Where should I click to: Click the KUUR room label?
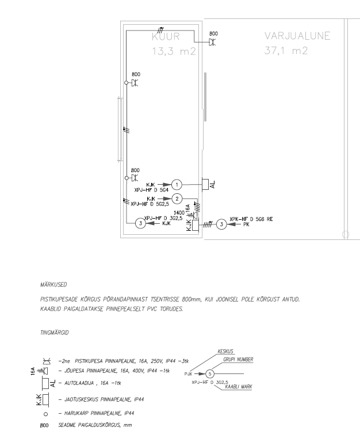(x=166, y=37)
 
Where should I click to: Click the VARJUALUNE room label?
(x=297, y=36)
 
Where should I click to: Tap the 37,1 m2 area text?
(x=286, y=51)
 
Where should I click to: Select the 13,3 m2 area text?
(x=174, y=51)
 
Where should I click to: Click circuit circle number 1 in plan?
(x=177, y=185)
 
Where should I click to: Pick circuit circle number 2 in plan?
(x=177, y=199)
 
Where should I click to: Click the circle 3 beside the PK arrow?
(x=221, y=224)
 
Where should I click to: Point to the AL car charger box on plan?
(x=205, y=184)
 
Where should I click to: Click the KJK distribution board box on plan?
(x=196, y=226)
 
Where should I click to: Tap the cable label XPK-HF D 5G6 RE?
(x=251, y=219)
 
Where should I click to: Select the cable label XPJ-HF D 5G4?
(x=151, y=190)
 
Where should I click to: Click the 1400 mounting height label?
(x=179, y=213)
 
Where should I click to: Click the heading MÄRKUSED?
(x=53, y=285)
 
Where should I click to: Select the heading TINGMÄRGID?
(x=55, y=333)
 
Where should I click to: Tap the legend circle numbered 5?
(x=210, y=374)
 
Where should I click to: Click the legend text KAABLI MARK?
(x=238, y=387)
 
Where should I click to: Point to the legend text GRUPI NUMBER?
(x=238, y=360)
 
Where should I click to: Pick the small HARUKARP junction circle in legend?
(x=45, y=414)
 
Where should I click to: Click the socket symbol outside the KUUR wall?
(x=212, y=42)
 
